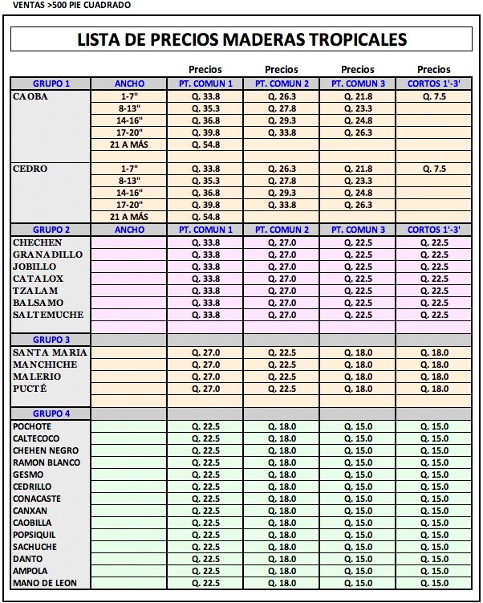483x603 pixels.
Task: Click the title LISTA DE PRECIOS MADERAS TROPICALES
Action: (241, 39)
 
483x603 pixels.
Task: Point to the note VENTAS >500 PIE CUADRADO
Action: (66, 5)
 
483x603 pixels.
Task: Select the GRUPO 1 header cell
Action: (51, 84)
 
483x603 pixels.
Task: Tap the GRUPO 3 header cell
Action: (51, 340)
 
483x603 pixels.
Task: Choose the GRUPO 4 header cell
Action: (51, 414)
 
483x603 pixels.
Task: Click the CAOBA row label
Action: (31, 96)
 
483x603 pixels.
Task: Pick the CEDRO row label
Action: (31, 169)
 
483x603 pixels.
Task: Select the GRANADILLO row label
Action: (47, 255)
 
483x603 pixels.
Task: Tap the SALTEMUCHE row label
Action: (48, 315)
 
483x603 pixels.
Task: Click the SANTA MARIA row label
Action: (50, 352)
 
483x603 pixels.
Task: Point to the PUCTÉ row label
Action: (30, 389)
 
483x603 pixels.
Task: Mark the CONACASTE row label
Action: (37, 499)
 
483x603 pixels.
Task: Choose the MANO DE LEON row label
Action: (44, 583)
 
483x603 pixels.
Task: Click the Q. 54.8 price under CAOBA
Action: (206, 145)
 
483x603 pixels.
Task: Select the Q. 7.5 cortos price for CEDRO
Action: (434, 169)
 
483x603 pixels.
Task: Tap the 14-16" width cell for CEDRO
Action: (130, 193)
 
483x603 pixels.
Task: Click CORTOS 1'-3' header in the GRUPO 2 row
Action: (434, 230)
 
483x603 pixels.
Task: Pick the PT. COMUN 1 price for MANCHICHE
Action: (206, 365)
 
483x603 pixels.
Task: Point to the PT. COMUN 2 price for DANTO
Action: (282, 559)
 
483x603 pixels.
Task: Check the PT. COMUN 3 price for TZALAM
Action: (358, 291)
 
